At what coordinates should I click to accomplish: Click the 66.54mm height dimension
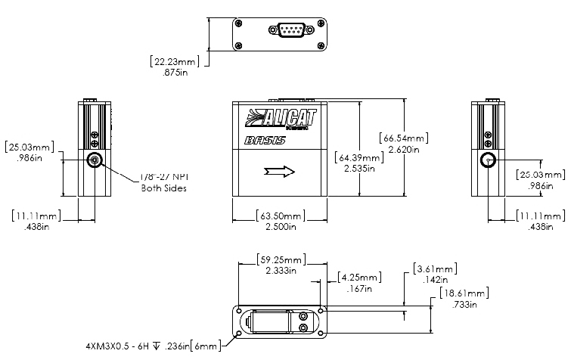pos(406,138)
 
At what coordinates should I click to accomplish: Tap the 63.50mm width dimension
pos(281,215)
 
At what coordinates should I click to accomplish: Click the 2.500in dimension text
pos(281,226)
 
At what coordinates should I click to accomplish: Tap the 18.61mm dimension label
pos(463,293)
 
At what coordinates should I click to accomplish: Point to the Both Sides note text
pos(163,188)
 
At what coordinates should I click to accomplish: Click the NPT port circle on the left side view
pos(95,160)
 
